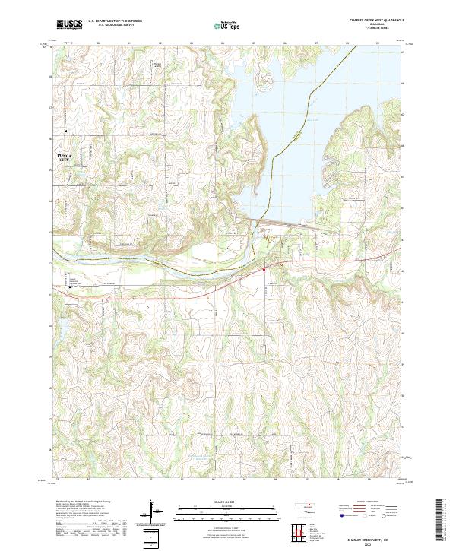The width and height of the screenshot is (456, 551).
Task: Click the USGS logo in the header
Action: [69, 24]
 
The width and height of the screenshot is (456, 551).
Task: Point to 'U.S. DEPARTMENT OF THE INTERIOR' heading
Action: [115, 21]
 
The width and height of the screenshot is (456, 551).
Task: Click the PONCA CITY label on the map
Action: [68, 157]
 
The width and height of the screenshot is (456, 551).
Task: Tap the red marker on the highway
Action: [264, 268]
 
